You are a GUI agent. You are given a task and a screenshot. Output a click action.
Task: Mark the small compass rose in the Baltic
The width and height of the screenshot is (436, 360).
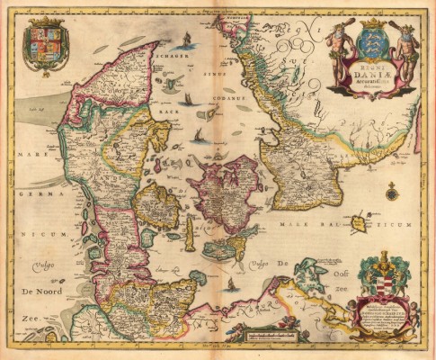point(391,191)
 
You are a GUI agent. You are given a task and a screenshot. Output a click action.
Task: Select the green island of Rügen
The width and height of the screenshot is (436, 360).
point(312,268)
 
